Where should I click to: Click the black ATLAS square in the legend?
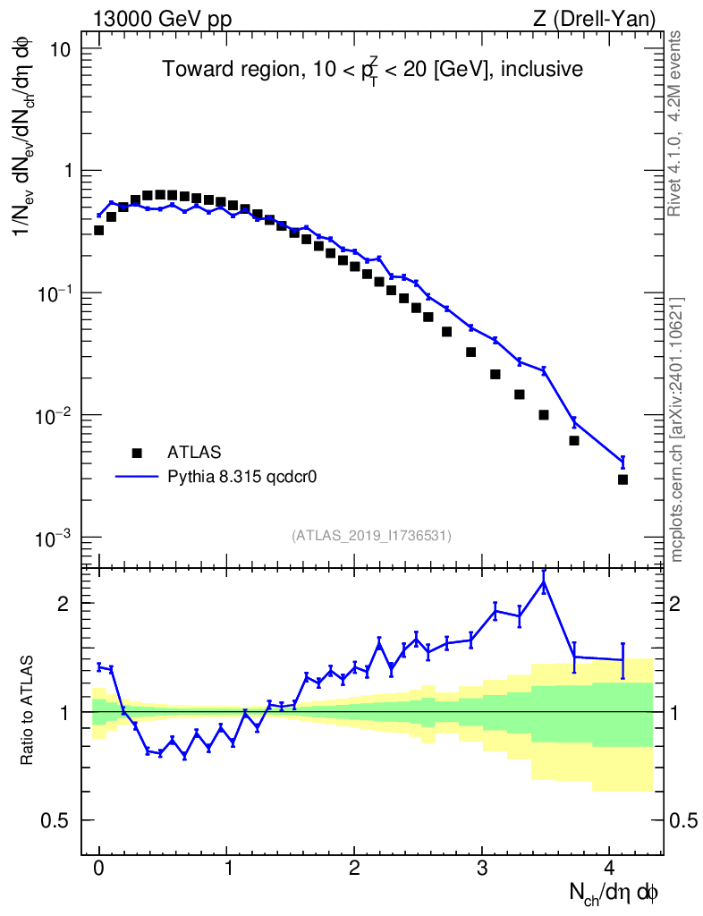(x=137, y=452)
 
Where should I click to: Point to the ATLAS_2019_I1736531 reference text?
(x=371, y=535)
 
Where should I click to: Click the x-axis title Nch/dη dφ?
(x=614, y=892)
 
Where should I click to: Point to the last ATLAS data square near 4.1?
(x=623, y=479)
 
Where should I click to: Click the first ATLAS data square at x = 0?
(x=98, y=230)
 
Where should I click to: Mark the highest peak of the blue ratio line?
(x=544, y=582)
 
